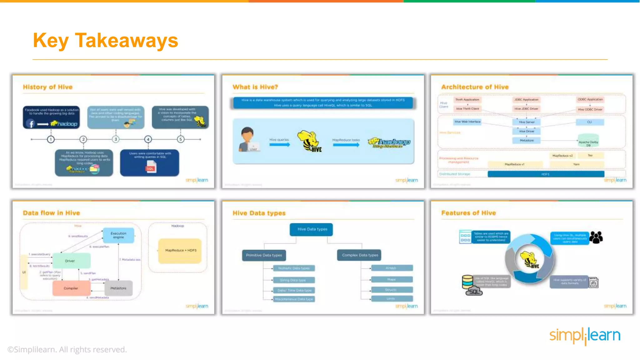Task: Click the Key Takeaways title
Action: [x=105, y=41]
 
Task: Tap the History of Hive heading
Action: [x=47, y=87]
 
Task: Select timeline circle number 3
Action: [x=116, y=139]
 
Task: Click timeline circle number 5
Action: [x=181, y=139]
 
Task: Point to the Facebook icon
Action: [x=31, y=124]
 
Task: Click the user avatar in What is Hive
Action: [x=247, y=139]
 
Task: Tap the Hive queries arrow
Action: [x=280, y=144]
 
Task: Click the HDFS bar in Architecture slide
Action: [x=546, y=174]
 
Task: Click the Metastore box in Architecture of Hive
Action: [x=527, y=141]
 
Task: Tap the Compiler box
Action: [x=71, y=288]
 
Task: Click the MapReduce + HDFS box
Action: [x=180, y=251]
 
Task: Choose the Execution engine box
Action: [x=118, y=235]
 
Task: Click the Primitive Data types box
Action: [x=264, y=255]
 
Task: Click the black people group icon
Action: [x=596, y=237]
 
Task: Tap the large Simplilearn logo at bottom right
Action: [x=585, y=336]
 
